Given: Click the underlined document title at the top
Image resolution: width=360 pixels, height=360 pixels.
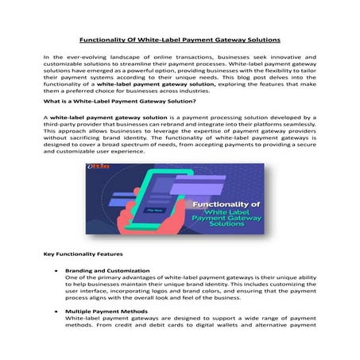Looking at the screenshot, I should (180, 38).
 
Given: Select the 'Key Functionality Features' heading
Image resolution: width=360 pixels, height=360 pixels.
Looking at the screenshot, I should (83, 254).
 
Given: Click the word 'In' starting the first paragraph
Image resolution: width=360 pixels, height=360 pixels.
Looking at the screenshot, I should (45, 59).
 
